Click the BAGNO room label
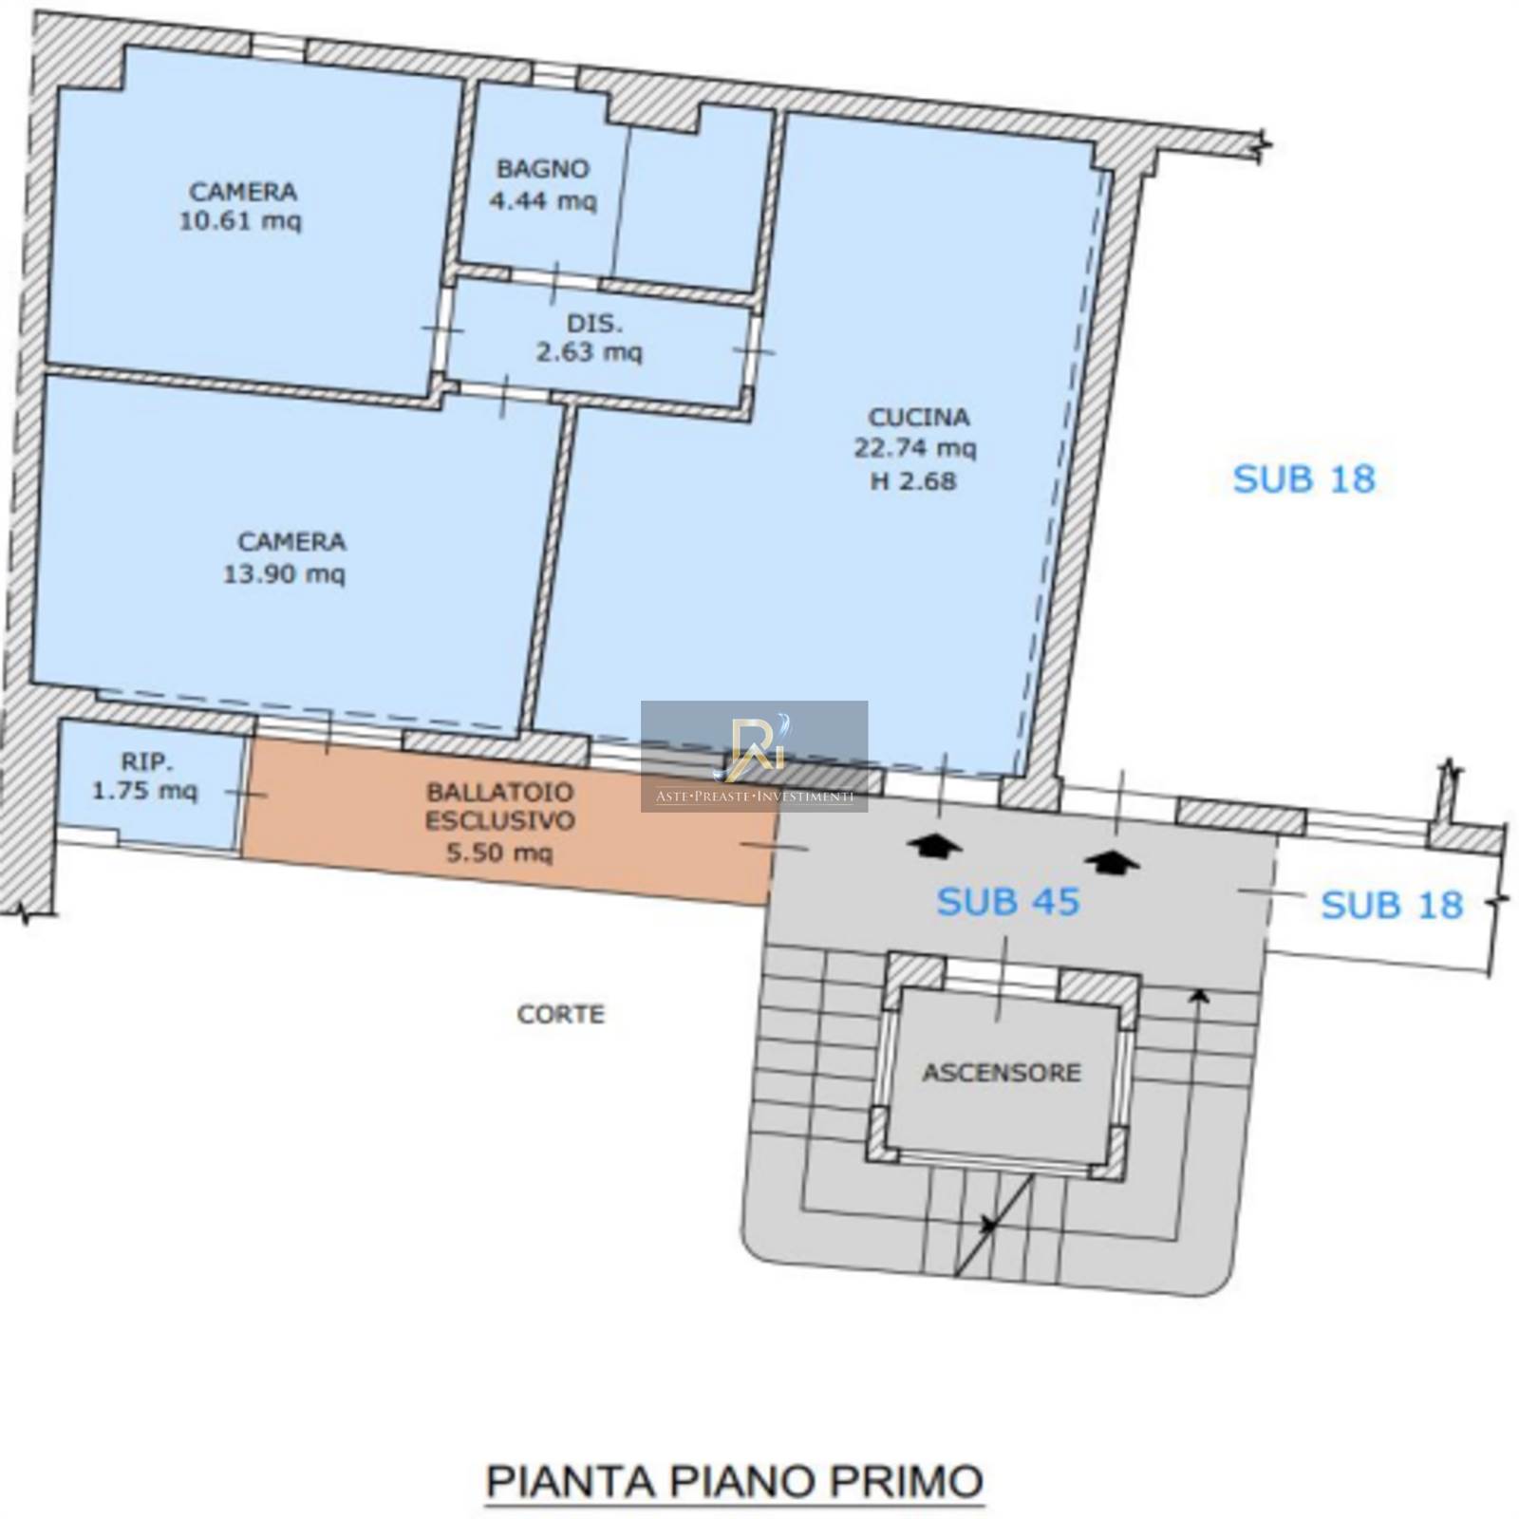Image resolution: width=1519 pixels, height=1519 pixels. click(x=543, y=169)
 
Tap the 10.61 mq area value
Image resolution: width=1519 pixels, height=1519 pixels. click(x=240, y=221)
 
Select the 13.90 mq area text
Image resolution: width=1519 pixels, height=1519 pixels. click(x=284, y=574)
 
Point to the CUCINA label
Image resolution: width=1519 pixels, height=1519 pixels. click(x=919, y=418)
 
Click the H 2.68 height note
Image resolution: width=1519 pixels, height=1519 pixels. click(x=913, y=481)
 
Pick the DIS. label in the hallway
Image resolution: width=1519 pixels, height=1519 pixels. click(x=595, y=324)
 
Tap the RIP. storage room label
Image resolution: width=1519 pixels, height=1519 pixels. click(x=147, y=761)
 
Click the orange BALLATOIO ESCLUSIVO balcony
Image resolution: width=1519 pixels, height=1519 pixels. click(x=503, y=821)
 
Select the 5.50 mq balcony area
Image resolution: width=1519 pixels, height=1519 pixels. click(x=499, y=853)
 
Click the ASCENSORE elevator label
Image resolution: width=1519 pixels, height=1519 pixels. click(x=1002, y=1073)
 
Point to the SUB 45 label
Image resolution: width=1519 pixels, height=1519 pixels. click(x=1008, y=902)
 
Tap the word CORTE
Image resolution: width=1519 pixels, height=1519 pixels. click(x=560, y=1014)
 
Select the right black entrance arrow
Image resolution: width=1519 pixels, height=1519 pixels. click(x=1113, y=860)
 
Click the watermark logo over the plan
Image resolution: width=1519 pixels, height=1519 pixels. click(x=755, y=756)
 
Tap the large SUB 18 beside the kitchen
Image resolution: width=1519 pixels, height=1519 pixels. click(x=1303, y=479)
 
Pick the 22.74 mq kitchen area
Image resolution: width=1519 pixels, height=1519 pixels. click(x=915, y=448)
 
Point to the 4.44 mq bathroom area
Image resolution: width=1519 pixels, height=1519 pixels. click(x=543, y=201)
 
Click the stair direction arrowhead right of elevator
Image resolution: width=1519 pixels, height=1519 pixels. click(x=1200, y=995)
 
